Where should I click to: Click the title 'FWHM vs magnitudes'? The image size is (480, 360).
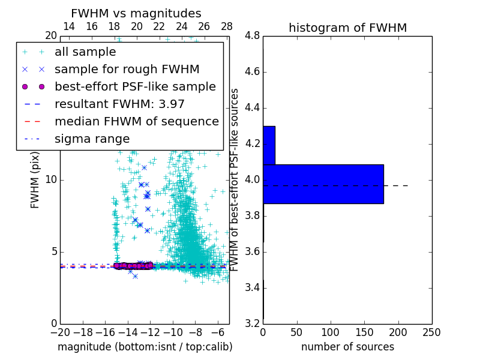point(136,13)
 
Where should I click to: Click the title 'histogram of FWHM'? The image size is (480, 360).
point(347,28)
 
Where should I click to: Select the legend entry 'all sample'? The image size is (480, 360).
point(86,52)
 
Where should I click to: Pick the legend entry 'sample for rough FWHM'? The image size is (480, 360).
point(127,70)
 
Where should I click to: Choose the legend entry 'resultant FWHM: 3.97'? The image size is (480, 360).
point(119,104)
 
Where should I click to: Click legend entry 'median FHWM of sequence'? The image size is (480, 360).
point(136,122)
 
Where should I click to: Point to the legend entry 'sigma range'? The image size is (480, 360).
point(92,139)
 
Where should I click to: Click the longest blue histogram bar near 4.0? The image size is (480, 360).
point(323,184)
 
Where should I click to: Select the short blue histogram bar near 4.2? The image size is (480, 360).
point(269,145)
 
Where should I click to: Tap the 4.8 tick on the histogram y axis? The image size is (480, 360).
point(253,36)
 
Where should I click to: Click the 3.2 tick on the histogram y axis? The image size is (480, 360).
point(253,324)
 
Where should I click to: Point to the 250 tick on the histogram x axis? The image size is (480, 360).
point(431,332)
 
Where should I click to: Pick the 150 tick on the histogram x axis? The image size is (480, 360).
point(364,332)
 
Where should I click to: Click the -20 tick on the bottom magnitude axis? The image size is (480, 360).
point(60,332)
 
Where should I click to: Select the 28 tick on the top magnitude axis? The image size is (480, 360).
point(227,26)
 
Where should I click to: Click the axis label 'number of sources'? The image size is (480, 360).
point(347,347)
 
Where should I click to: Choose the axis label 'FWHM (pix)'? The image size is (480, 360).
point(35,180)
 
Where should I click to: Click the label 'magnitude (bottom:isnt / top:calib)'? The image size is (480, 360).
point(145,347)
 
